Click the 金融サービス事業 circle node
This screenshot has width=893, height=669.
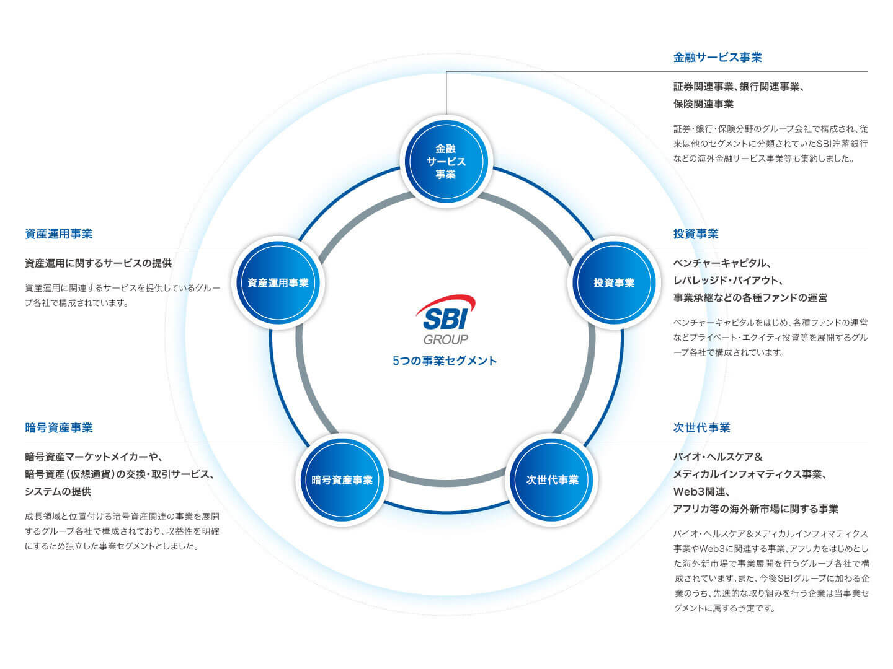pos(446,162)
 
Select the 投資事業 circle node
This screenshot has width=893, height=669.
pos(614,282)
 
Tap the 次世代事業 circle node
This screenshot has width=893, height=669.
pos(552,479)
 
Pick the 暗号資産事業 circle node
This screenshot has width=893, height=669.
pos(342,479)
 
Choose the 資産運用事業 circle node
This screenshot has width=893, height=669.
pos(278,282)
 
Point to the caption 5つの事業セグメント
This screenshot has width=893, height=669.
pos(445,361)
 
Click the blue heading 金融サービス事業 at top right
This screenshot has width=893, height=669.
pos(718,58)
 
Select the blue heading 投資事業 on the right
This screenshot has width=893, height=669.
pos(696,234)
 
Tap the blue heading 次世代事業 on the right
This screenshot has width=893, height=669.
pos(701,427)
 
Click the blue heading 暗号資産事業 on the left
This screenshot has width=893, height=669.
pos(59,427)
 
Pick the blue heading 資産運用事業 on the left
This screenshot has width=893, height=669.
pos(59,234)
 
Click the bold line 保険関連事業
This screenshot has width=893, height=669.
pos(703,104)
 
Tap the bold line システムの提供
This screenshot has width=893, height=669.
pos(58,492)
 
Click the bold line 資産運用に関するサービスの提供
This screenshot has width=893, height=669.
pos(98,263)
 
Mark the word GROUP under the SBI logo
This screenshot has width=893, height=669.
pos(446,339)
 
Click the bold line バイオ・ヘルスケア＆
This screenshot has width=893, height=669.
pos(718,457)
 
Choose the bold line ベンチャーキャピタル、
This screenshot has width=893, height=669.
pos(722,263)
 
